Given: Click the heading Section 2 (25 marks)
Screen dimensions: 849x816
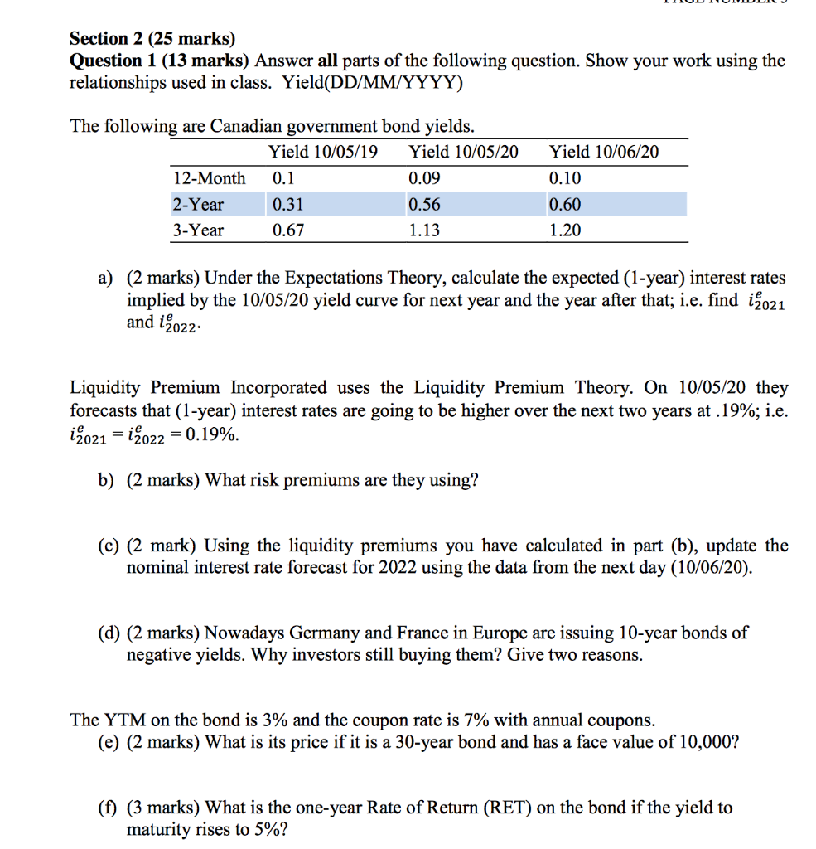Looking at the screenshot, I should click(x=152, y=38).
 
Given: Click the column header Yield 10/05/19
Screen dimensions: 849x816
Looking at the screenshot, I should click(x=322, y=152).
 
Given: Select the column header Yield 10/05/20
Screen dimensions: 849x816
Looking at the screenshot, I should click(x=464, y=152).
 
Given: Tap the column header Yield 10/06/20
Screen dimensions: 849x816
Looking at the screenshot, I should click(x=605, y=152).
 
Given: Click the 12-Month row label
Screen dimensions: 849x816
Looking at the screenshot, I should click(x=210, y=178).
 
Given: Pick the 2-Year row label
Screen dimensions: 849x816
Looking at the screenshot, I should click(x=198, y=204).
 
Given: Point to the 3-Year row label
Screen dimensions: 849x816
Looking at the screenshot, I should click(x=198, y=230).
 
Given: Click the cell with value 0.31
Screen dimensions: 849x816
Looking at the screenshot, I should click(x=287, y=204).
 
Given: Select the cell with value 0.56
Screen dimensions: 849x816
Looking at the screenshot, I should click(x=425, y=204).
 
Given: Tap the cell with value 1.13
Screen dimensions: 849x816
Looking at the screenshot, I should click(x=425, y=230).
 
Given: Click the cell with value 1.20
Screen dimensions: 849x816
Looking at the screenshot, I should click(x=566, y=230).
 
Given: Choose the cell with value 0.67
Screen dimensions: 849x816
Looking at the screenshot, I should click(x=287, y=230).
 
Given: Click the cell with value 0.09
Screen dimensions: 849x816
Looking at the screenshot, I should click(x=425, y=178).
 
